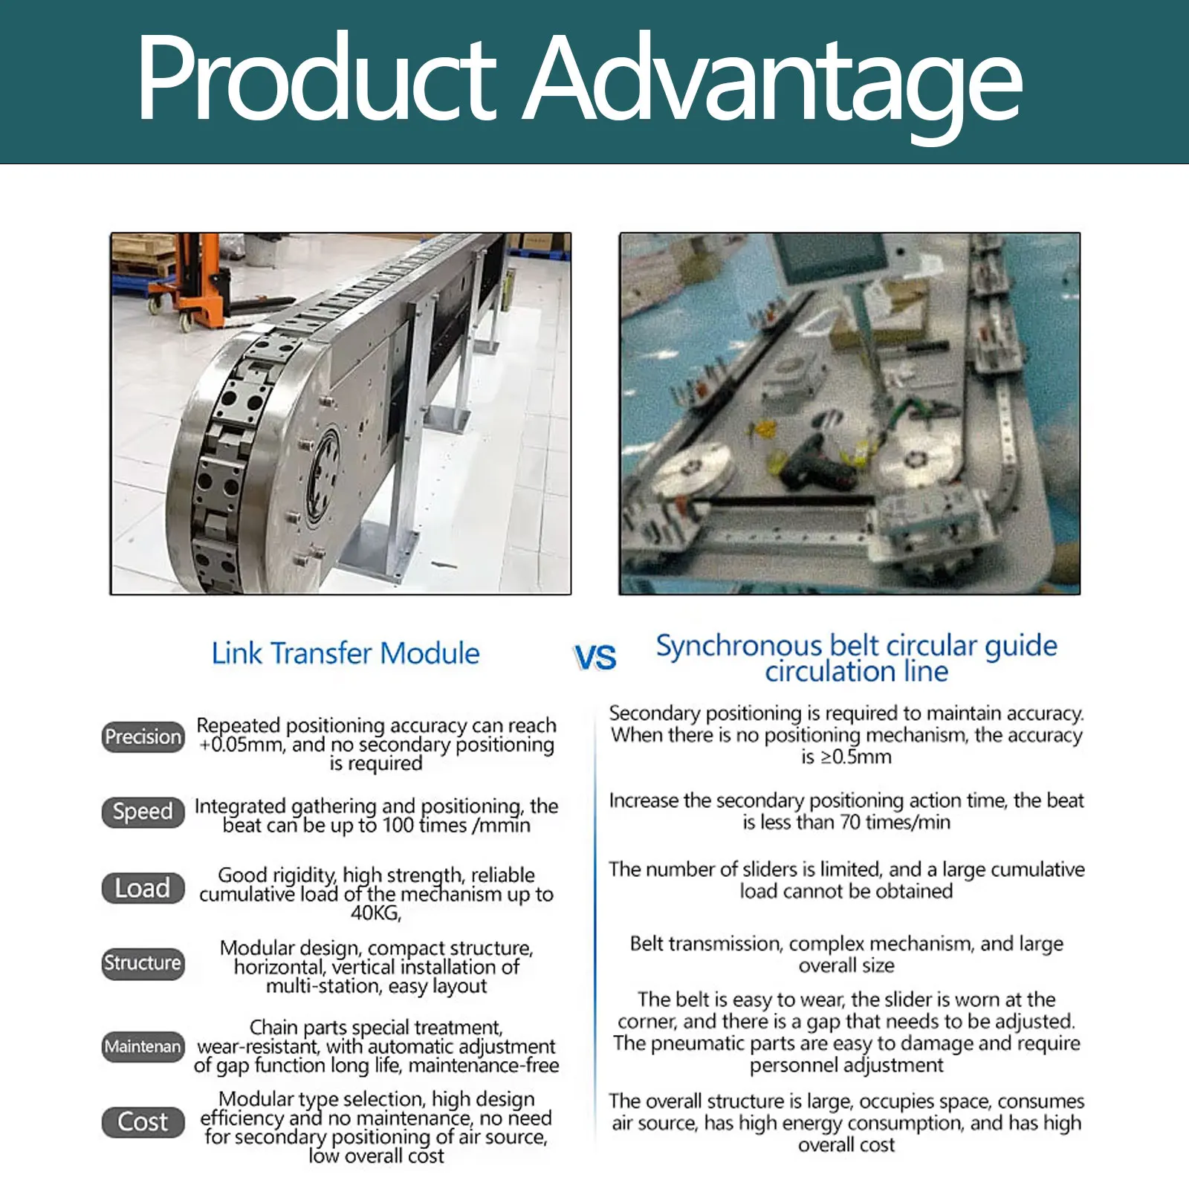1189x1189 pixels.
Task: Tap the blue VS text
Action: (x=595, y=658)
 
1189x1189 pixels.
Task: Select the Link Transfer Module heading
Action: (x=346, y=653)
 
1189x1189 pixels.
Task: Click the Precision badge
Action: (x=143, y=736)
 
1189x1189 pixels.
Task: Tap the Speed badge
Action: (x=143, y=811)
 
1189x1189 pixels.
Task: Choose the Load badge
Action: (x=143, y=888)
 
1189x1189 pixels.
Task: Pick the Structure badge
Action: (x=143, y=963)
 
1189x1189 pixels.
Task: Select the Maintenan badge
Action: (x=143, y=1046)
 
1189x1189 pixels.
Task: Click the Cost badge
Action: (x=143, y=1121)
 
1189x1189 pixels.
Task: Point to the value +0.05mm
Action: (x=242, y=745)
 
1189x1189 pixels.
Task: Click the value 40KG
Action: (x=375, y=913)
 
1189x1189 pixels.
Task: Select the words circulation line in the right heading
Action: (x=857, y=672)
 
